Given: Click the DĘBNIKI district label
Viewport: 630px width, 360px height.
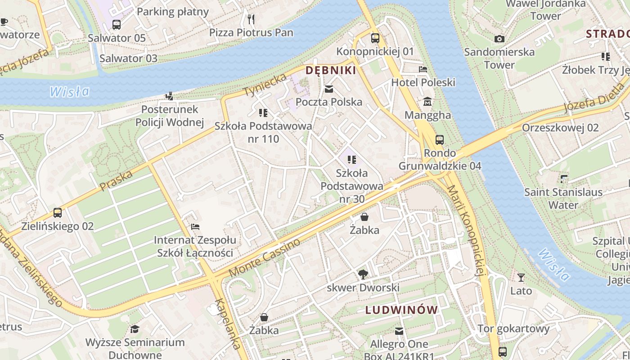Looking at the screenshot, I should (331, 70).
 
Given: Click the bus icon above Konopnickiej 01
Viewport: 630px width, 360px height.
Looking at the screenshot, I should (375, 38).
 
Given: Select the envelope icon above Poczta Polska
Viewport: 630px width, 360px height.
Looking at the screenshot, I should (329, 89).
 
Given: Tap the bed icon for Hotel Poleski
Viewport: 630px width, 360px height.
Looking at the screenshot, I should (423, 69).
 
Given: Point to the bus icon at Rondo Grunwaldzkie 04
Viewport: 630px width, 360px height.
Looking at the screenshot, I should (440, 140).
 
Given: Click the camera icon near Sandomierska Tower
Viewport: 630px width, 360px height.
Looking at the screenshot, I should (499, 39).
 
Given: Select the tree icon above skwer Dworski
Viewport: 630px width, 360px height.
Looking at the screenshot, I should (363, 274).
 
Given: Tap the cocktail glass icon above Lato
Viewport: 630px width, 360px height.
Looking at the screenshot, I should (521, 278).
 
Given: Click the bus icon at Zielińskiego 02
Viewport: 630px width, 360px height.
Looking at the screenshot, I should (58, 213).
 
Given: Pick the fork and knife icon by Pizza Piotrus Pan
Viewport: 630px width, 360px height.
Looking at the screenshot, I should (252, 19).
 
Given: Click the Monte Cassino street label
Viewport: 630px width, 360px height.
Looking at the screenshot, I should (264, 258).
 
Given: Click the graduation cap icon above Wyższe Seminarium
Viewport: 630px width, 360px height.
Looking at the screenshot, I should (134, 329).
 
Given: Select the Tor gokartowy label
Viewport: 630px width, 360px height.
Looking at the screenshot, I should (513, 328).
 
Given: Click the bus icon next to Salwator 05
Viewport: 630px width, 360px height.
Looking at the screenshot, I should (117, 25).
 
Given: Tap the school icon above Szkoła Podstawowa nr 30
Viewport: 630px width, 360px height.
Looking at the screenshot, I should (352, 159).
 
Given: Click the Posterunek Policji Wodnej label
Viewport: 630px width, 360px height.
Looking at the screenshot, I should (170, 116).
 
